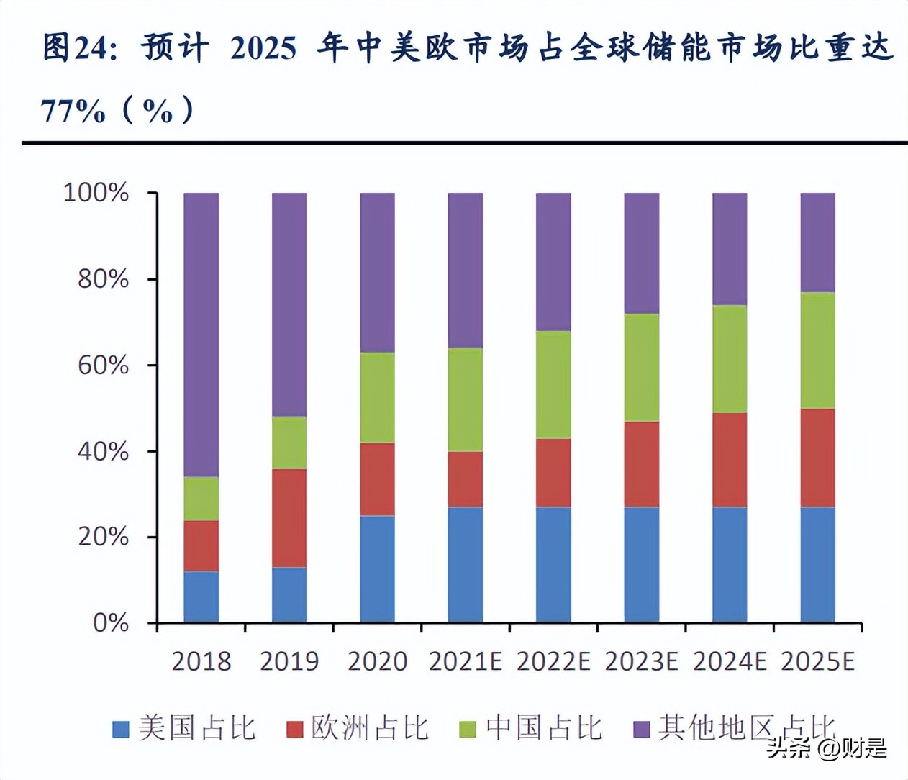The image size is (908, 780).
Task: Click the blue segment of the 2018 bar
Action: point(201,597)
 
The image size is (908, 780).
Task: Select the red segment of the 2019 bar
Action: point(289,518)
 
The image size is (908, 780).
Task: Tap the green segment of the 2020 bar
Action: point(378,397)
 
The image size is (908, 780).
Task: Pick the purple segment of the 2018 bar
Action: point(201,335)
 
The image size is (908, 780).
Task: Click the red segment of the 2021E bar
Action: point(466,479)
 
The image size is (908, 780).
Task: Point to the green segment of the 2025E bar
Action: point(818,350)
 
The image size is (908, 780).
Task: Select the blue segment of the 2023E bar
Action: point(642,564)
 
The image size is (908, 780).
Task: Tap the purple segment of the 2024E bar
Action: point(730,249)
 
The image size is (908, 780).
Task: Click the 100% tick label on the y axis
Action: point(96,193)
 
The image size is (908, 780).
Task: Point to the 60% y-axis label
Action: point(103,365)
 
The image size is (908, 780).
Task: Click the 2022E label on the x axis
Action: point(553,661)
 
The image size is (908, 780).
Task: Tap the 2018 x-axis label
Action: point(201,661)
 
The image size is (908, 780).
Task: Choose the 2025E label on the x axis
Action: point(818,661)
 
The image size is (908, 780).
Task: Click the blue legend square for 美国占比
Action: point(121,729)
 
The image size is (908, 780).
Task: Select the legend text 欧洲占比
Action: point(370,728)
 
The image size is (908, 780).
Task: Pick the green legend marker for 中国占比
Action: point(468,729)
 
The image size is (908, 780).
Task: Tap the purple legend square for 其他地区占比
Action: point(641,729)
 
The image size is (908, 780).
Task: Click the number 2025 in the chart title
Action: point(263,48)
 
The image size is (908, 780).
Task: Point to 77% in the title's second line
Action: point(73,112)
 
